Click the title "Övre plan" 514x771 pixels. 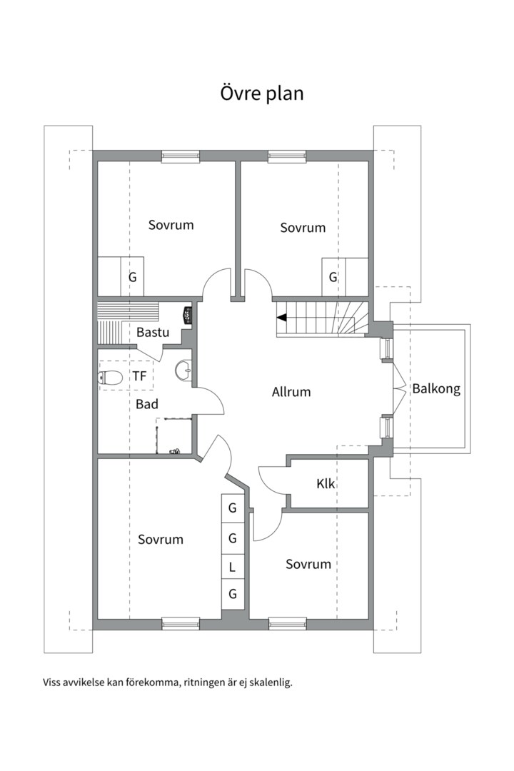(262, 94)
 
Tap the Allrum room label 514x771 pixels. (291, 392)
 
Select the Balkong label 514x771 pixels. (436, 389)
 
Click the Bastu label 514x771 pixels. (153, 332)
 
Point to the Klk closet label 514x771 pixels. (326, 483)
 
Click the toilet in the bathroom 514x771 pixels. (110, 378)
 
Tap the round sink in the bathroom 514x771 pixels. (183, 369)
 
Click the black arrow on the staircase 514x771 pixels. (281, 318)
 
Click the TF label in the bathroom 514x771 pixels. (139, 376)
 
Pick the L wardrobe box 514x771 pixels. (232, 567)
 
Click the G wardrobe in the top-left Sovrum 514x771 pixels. (132, 277)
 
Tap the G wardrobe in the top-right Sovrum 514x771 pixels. (333, 277)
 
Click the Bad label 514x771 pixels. (147, 404)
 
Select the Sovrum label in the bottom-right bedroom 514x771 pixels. (308, 564)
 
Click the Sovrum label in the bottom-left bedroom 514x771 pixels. (161, 540)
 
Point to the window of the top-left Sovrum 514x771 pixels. (181, 156)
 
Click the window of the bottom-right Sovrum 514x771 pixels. (288, 624)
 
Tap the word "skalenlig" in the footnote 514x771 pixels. (272, 682)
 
